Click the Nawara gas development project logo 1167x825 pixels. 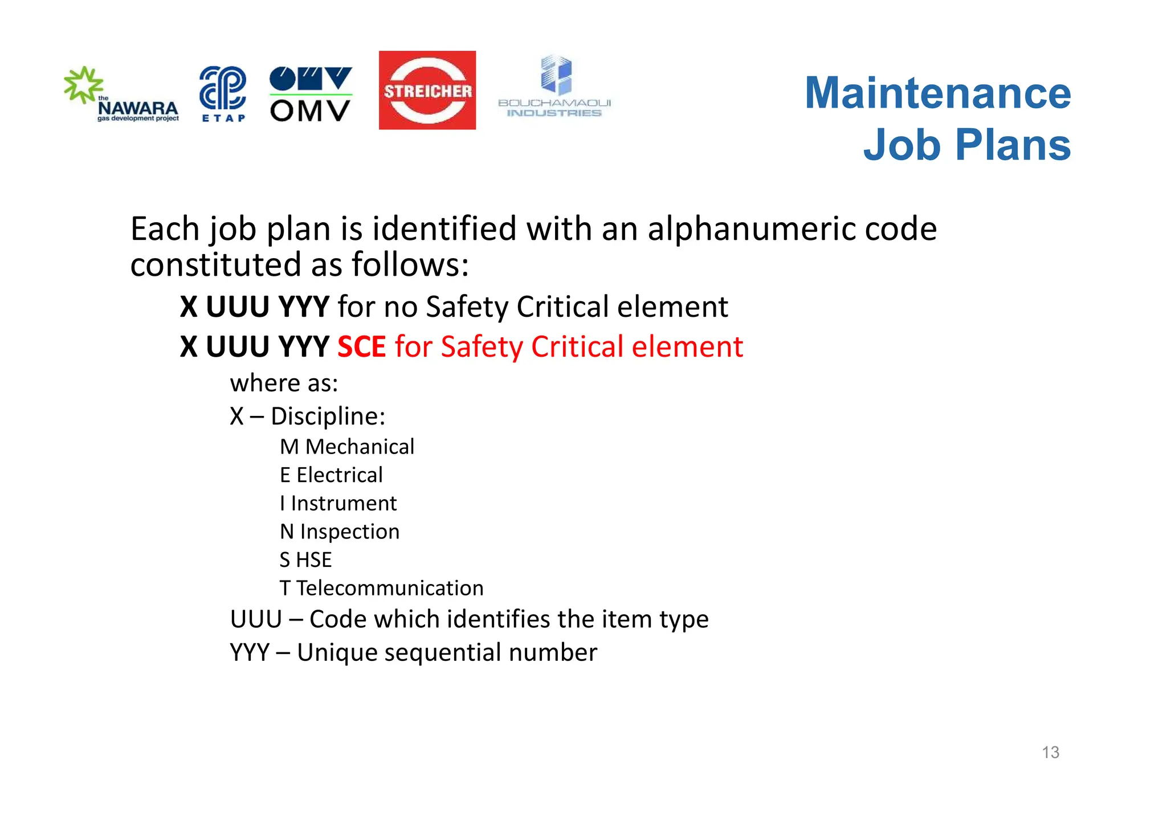tap(121, 94)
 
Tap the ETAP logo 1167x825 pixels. tap(223, 94)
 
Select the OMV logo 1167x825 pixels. tap(311, 94)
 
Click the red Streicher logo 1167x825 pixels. tap(427, 90)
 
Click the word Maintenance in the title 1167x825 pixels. tap(937, 93)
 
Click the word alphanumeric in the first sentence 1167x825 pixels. tap(752, 229)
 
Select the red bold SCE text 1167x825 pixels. tap(361, 346)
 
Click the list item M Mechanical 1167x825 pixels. tap(347, 447)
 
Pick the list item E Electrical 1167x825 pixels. tap(331, 475)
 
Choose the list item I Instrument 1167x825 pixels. tap(338, 504)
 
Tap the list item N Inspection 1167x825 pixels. tap(340, 532)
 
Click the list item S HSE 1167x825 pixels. tap(305, 560)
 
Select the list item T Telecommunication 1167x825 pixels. tap(381, 588)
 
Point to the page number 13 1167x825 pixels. tap(1050, 752)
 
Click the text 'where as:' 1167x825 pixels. tap(284, 383)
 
